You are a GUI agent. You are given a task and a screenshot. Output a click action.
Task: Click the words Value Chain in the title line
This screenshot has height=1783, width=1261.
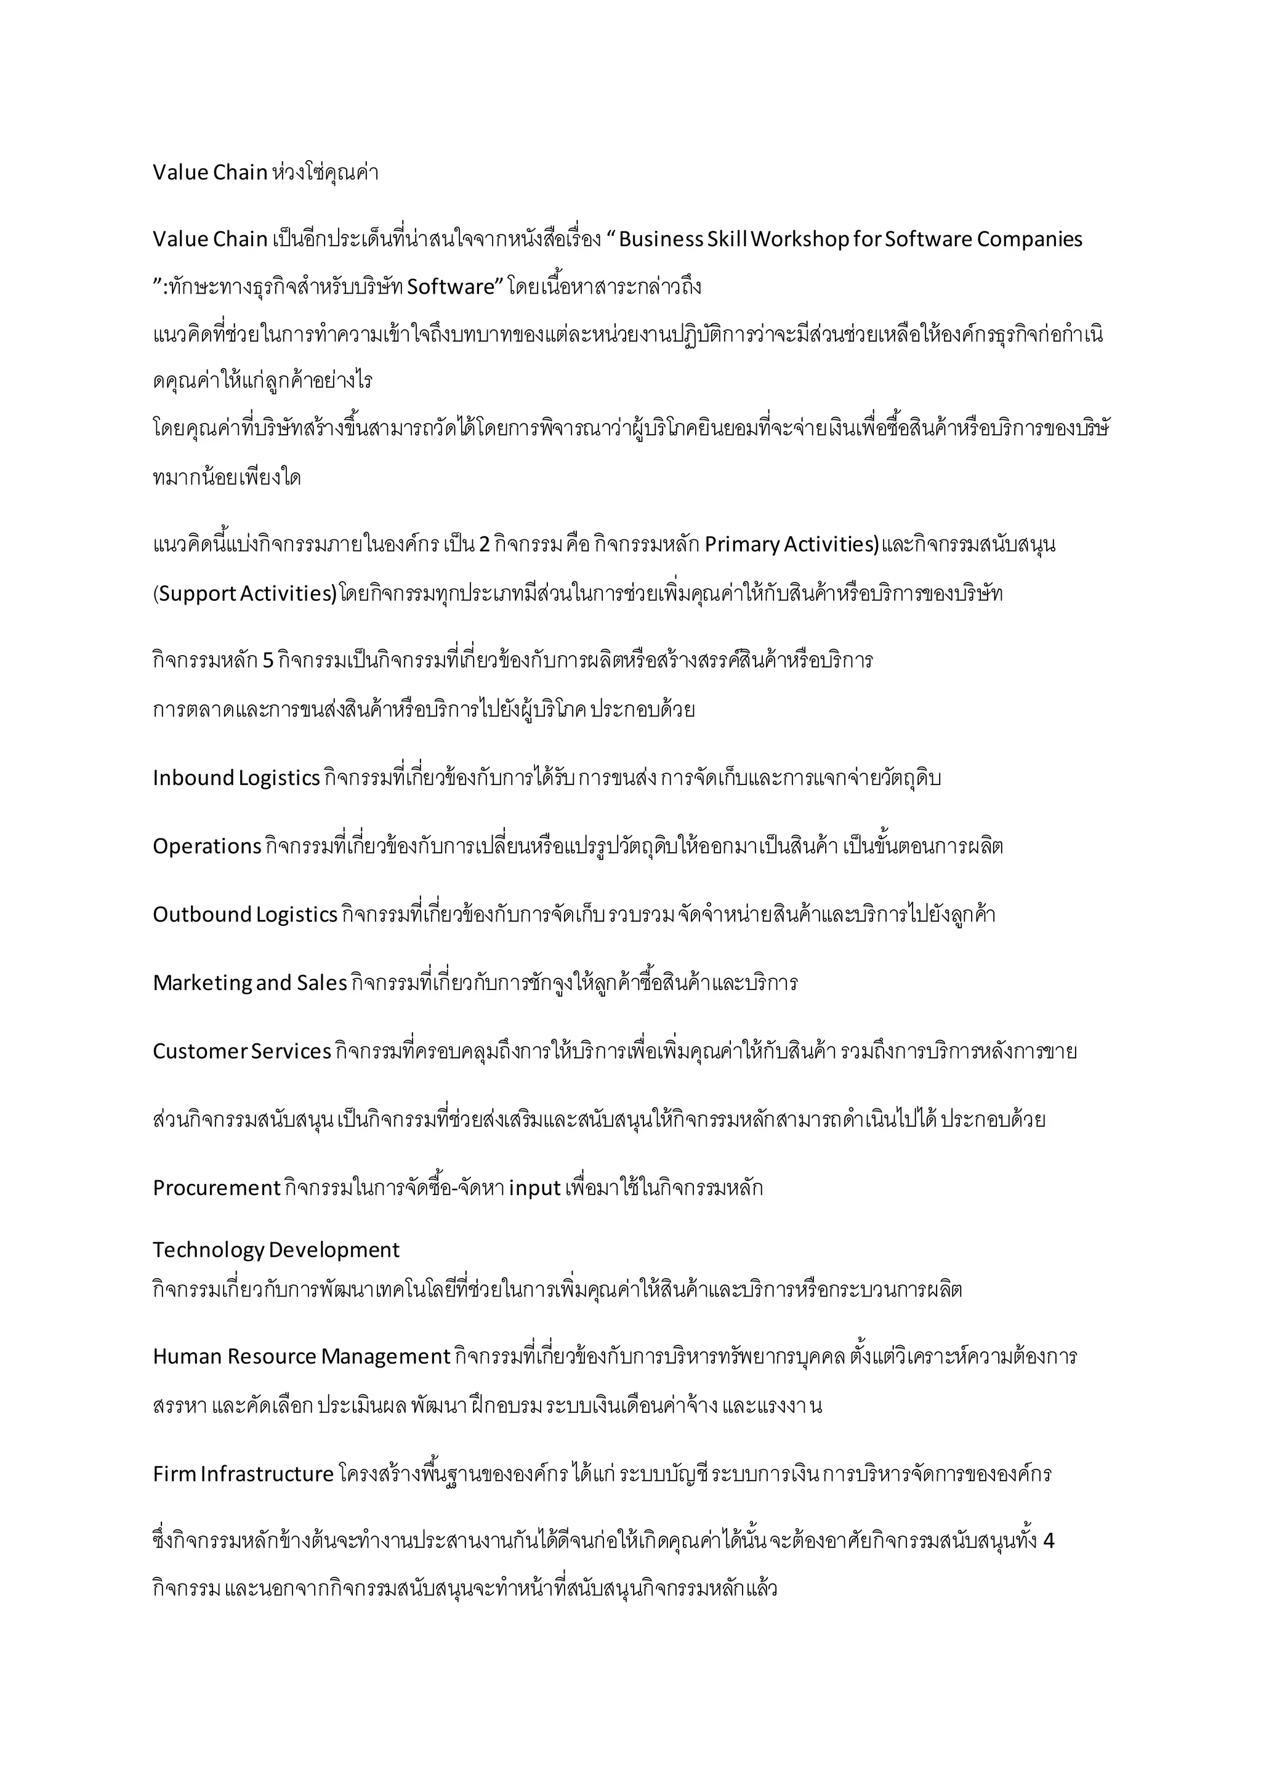click(x=209, y=172)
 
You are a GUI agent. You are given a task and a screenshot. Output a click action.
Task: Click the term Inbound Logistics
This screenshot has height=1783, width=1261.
click(x=236, y=778)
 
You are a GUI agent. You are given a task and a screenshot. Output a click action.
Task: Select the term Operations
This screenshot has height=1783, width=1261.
click(x=206, y=847)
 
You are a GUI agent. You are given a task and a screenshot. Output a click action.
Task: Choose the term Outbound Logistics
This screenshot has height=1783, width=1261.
click(x=244, y=915)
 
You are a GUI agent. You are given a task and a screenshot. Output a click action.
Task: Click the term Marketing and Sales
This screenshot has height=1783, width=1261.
click(x=249, y=983)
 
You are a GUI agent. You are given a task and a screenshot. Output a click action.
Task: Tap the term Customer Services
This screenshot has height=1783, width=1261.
click(x=241, y=1052)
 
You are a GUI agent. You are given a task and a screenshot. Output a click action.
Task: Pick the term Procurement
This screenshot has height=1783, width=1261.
click(x=216, y=1188)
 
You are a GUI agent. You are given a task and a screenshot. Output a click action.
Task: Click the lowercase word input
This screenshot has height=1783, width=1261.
click(x=535, y=1188)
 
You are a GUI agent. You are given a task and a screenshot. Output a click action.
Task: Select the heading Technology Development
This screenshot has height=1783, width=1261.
click(x=276, y=1249)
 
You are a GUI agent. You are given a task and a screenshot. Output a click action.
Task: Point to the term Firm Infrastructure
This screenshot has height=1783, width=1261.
click(x=243, y=1474)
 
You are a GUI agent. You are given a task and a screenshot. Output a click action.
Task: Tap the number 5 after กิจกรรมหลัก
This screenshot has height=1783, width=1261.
click(x=268, y=661)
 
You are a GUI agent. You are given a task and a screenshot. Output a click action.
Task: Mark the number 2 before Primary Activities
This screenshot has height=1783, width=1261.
click(x=484, y=545)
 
